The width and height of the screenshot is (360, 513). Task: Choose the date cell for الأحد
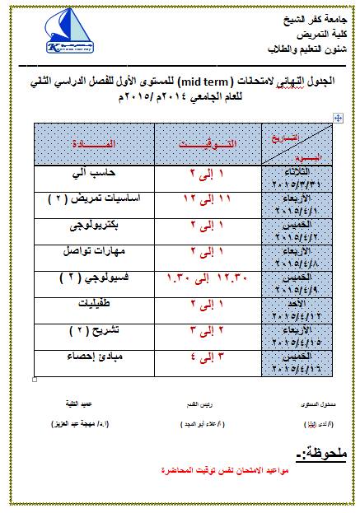299,308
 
